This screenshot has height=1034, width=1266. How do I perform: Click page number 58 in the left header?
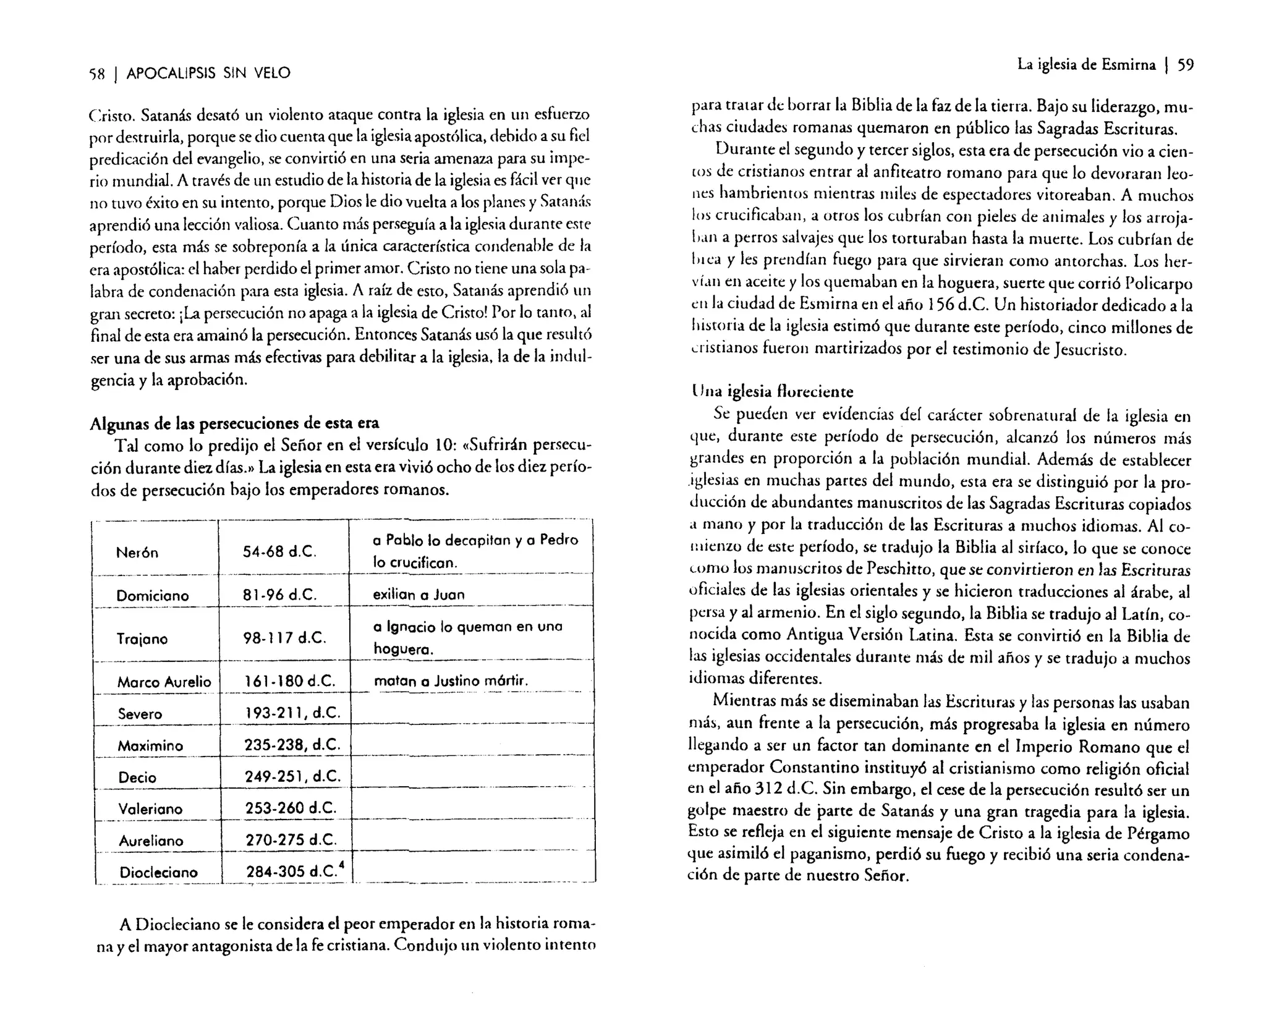pos(99,74)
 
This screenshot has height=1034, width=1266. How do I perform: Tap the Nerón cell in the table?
pos(137,553)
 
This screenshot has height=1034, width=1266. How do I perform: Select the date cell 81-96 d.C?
pos(279,595)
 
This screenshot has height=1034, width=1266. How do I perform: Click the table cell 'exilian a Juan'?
pos(418,595)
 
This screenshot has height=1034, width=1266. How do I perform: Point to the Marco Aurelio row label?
pos(164,682)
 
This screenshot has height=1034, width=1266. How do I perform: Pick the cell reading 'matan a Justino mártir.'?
pos(451,681)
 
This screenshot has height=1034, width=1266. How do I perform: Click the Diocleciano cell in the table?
pos(158,873)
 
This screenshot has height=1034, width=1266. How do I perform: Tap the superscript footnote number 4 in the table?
pos(341,866)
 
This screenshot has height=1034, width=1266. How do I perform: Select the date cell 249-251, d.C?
pos(292,776)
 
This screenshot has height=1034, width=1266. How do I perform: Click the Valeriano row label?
pos(150,809)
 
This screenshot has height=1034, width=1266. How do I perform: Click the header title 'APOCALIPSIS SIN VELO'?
pos(208,74)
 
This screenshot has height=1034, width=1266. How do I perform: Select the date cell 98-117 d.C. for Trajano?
pos(284,638)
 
